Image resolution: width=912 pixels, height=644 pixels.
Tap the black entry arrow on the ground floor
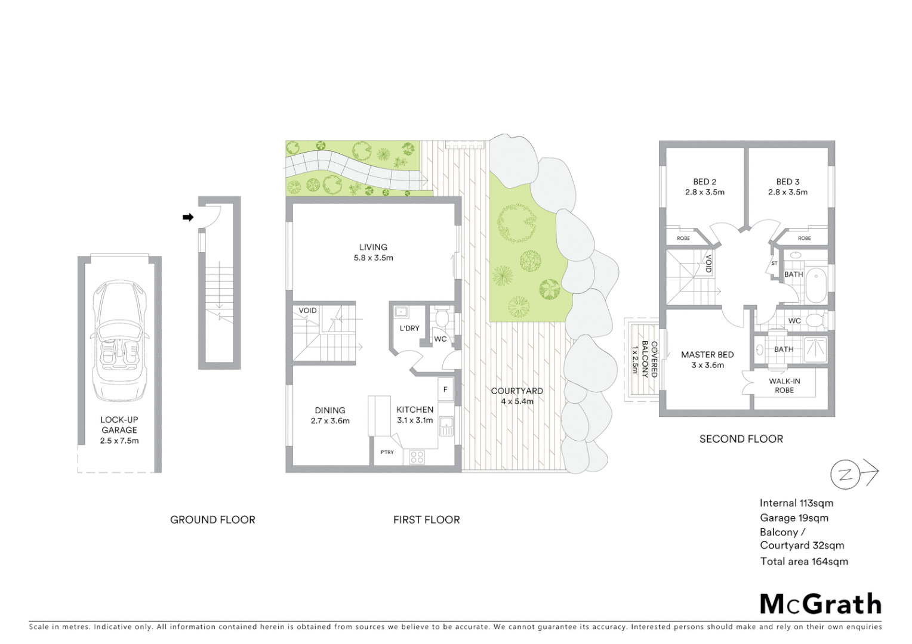click(x=188, y=218)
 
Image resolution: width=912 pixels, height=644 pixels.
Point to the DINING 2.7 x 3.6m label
click(x=330, y=415)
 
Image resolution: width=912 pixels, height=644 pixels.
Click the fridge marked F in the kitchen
click(x=445, y=389)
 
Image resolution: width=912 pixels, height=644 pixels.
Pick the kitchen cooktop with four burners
click(x=417, y=457)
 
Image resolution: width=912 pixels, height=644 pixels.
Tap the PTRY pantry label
click(x=387, y=452)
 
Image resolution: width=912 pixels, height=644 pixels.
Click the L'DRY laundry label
click(x=409, y=328)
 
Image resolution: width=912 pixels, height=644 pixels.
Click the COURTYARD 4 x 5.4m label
click(x=517, y=396)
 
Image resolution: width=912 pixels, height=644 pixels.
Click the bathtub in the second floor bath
click(x=816, y=286)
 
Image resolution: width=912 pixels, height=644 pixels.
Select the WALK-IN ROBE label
click(x=784, y=385)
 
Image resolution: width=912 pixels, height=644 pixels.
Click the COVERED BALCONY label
click(x=649, y=360)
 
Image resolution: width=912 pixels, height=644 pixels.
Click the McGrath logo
click(x=820, y=604)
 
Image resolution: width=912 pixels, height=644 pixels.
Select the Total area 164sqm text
click(x=803, y=561)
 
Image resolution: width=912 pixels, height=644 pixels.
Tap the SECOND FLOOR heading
click(x=741, y=439)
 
